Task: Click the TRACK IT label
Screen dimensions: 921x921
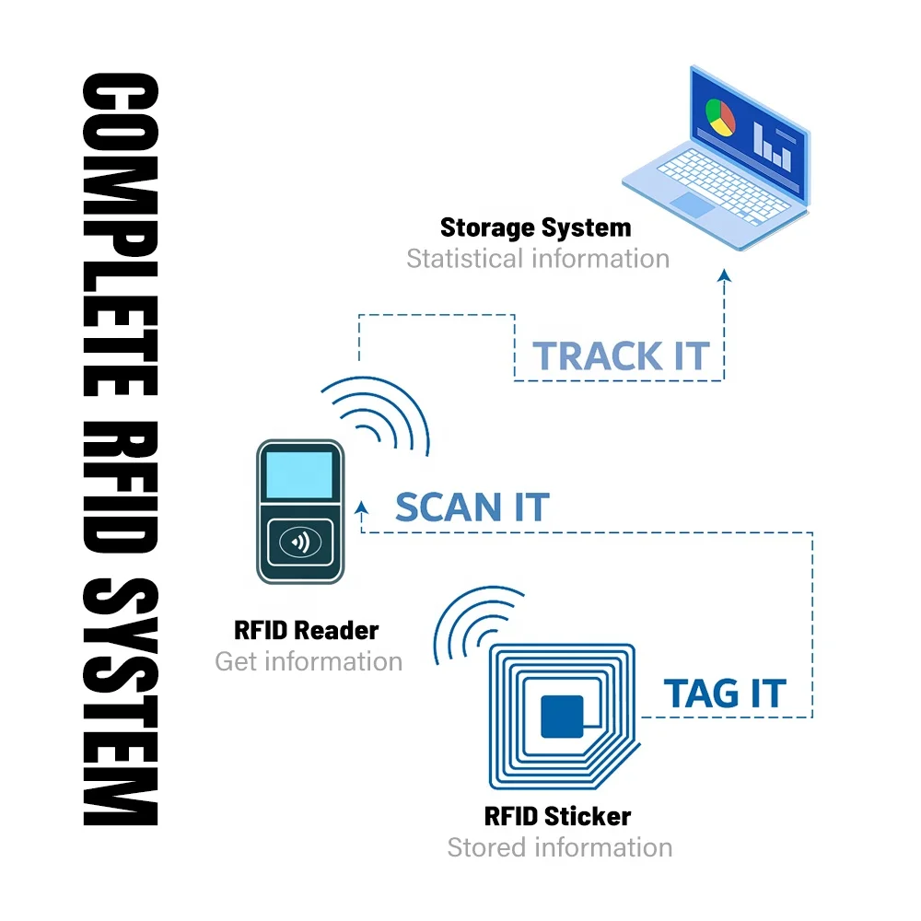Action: tap(622, 356)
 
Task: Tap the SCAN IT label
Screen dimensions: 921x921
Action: tap(472, 507)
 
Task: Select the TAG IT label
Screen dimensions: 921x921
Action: tap(726, 694)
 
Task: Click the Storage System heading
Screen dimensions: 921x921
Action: tap(535, 227)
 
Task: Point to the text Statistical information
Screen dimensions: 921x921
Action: tap(538, 259)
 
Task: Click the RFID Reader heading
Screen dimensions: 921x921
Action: tap(307, 631)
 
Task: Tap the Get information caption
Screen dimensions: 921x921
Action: tap(309, 661)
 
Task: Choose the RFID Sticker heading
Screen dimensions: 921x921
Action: tap(557, 816)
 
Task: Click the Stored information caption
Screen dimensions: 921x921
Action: tap(559, 847)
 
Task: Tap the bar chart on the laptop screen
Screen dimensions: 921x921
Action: tap(772, 143)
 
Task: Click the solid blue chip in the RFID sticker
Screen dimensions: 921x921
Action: tap(562, 716)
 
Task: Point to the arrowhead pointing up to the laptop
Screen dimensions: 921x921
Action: tap(724, 275)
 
